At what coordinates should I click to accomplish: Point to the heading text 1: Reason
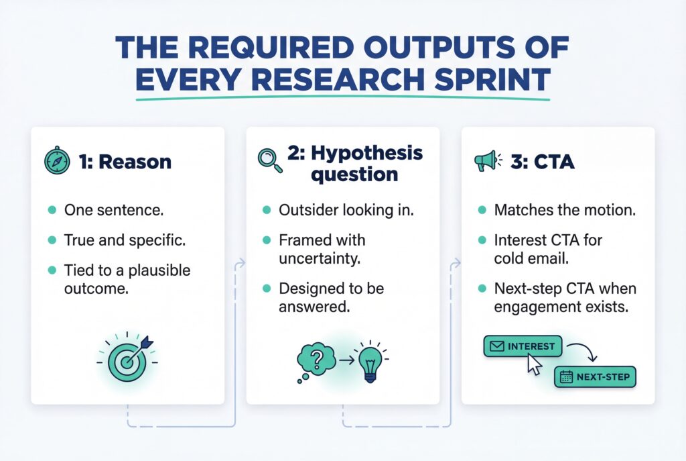pyautogui.click(x=125, y=162)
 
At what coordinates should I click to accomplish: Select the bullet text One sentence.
pyautogui.click(x=113, y=210)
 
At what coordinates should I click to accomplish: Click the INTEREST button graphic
pyautogui.click(x=522, y=346)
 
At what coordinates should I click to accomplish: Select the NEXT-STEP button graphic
pyautogui.click(x=595, y=377)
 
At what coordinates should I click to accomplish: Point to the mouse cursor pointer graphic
pyautogui.click(x=535, y=364)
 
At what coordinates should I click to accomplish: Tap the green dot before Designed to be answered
pyautogui.click(x=266, y=288)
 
